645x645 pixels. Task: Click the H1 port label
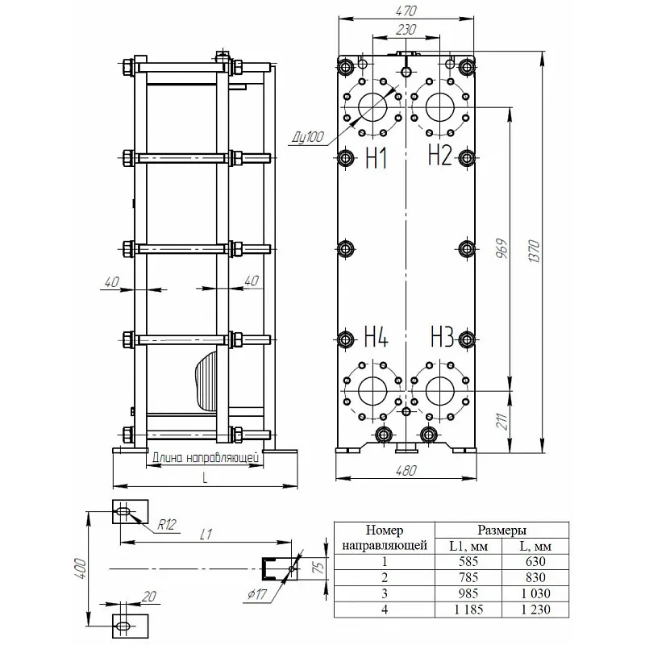[x=377, y=158]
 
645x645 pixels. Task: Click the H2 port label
[x=439, y=155]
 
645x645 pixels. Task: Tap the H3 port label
[x=442, y=336]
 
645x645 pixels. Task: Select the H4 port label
[x=377, y=336]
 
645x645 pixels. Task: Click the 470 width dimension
[x=406, y=11]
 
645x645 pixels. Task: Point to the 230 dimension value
[x=406, y=30]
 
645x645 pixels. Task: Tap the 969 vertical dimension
[x=501, y=248]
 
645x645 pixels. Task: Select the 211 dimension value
[x=502, y=421]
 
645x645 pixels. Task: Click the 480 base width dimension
[x=406, y=471]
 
